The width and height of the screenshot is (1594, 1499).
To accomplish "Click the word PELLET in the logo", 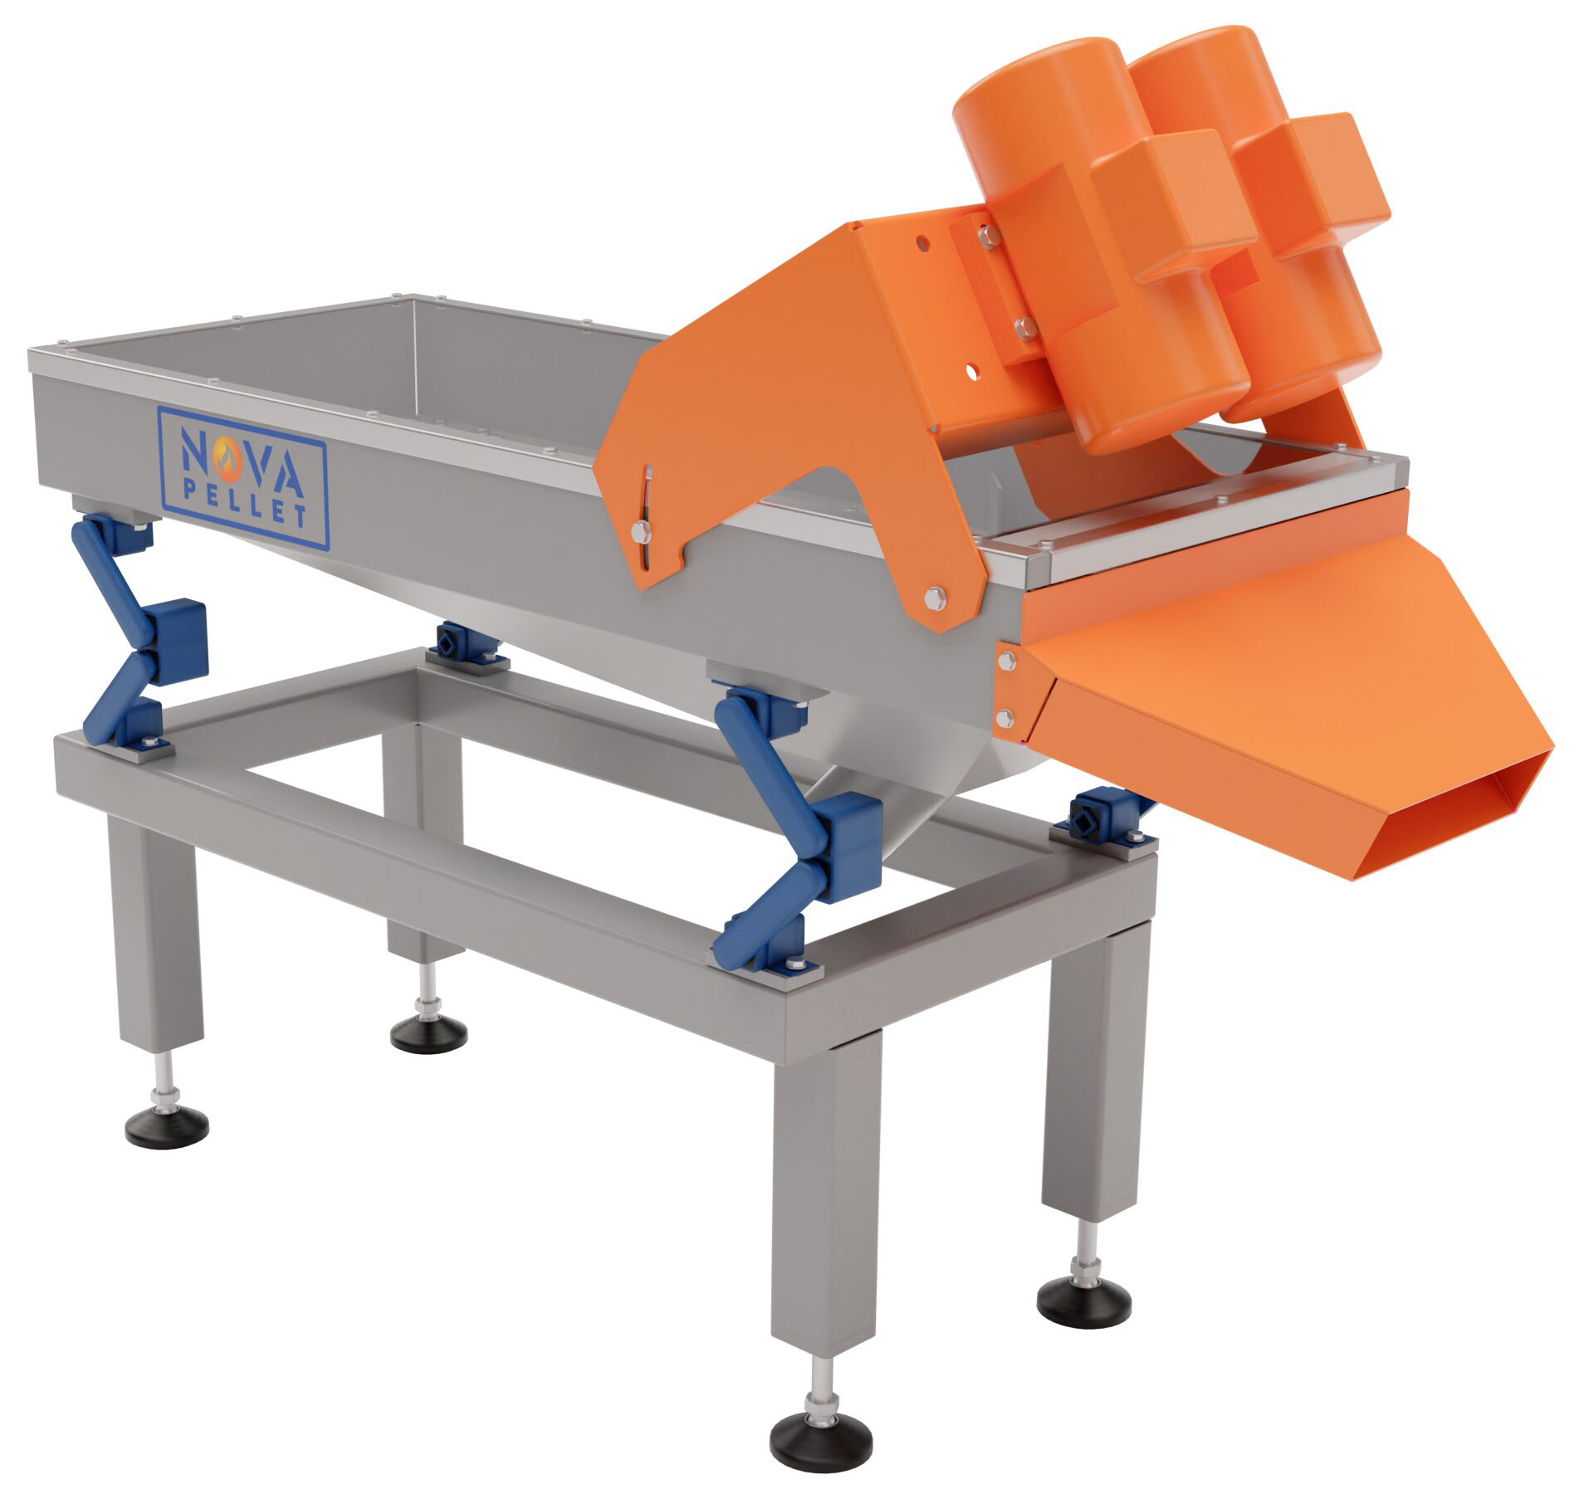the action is click(x=244, y=505).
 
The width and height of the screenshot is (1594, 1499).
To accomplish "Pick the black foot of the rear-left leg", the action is click(x=428, y=1035).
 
